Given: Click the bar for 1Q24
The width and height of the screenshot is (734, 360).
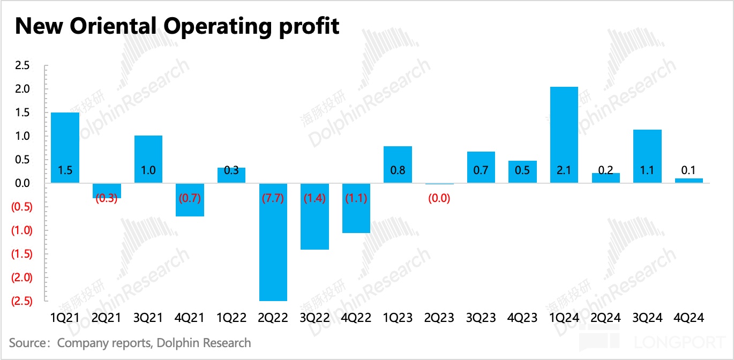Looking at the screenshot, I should click(x=564, y=134).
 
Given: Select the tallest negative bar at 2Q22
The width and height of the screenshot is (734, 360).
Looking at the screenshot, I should click(x=273, y=242).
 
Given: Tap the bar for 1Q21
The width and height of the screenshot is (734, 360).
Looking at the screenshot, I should click(x=65, y=147).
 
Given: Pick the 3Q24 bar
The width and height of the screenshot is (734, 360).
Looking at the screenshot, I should click(x=647, y=156).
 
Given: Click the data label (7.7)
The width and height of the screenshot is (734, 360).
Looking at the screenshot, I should click(x=273, y=198).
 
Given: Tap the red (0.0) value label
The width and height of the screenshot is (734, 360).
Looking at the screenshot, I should click(x=439, y=198).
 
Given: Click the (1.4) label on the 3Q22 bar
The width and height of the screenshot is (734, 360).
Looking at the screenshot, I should click(x=315, y=198).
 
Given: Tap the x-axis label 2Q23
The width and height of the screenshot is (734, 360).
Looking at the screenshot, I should click(x=439, y=318).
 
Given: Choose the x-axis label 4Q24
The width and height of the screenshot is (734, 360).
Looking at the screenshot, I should click(x=689, y=318).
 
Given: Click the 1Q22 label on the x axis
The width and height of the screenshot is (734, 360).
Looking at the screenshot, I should click(x=231, y=318).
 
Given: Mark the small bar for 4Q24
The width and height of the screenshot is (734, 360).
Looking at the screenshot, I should click(x=689, y=181).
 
